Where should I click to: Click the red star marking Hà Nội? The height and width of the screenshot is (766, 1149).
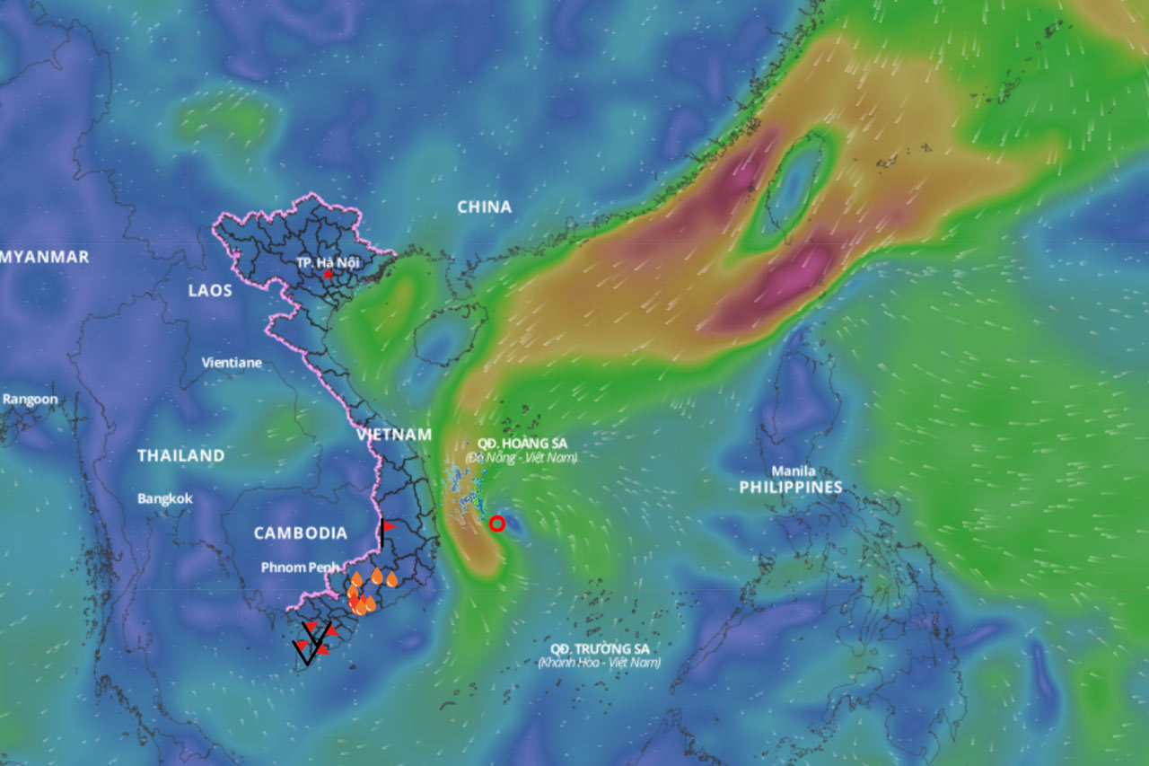(x=329, y=274)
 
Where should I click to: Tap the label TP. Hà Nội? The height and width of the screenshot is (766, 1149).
(x=329, y=261)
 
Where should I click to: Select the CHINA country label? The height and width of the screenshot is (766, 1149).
(x=484, y=207)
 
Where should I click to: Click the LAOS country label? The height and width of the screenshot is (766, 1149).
(x=210, y=290)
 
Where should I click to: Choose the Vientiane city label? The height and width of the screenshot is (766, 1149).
(x=232, y=363)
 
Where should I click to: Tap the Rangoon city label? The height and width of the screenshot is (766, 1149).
(x=30, y=400)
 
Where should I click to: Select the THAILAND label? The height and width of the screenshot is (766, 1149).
(x=180, y=456)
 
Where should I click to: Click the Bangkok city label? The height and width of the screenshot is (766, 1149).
(x=164, y=498)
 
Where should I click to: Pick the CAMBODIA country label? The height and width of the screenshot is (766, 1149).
(x=300, y=533)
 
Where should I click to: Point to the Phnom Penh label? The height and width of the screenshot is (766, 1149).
(x=301, y=568)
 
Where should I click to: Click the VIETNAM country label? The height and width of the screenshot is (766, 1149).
(x=393, y=435)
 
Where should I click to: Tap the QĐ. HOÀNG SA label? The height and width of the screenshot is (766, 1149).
(x=522, y=444)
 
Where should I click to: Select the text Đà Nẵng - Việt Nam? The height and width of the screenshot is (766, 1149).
(x=522, y=458)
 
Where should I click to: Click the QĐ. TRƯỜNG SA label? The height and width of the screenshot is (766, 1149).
(x=600, y=648)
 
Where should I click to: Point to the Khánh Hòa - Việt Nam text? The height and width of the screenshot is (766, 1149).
(x=600, y=663)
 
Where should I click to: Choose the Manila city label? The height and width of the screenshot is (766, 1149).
(x=794, y=471)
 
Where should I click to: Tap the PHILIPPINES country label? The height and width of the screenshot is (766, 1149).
(x=791, y=488)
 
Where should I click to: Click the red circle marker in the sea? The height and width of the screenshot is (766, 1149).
(x=497, y=523)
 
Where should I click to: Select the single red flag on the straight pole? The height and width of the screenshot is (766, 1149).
(x=384, y=532)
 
